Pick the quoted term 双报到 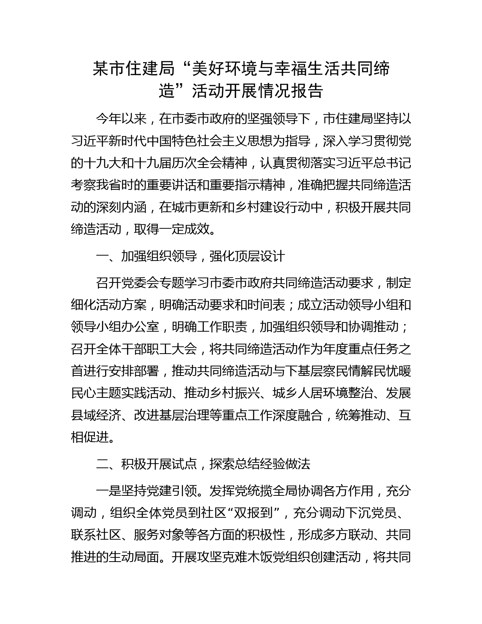click(254, 513)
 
